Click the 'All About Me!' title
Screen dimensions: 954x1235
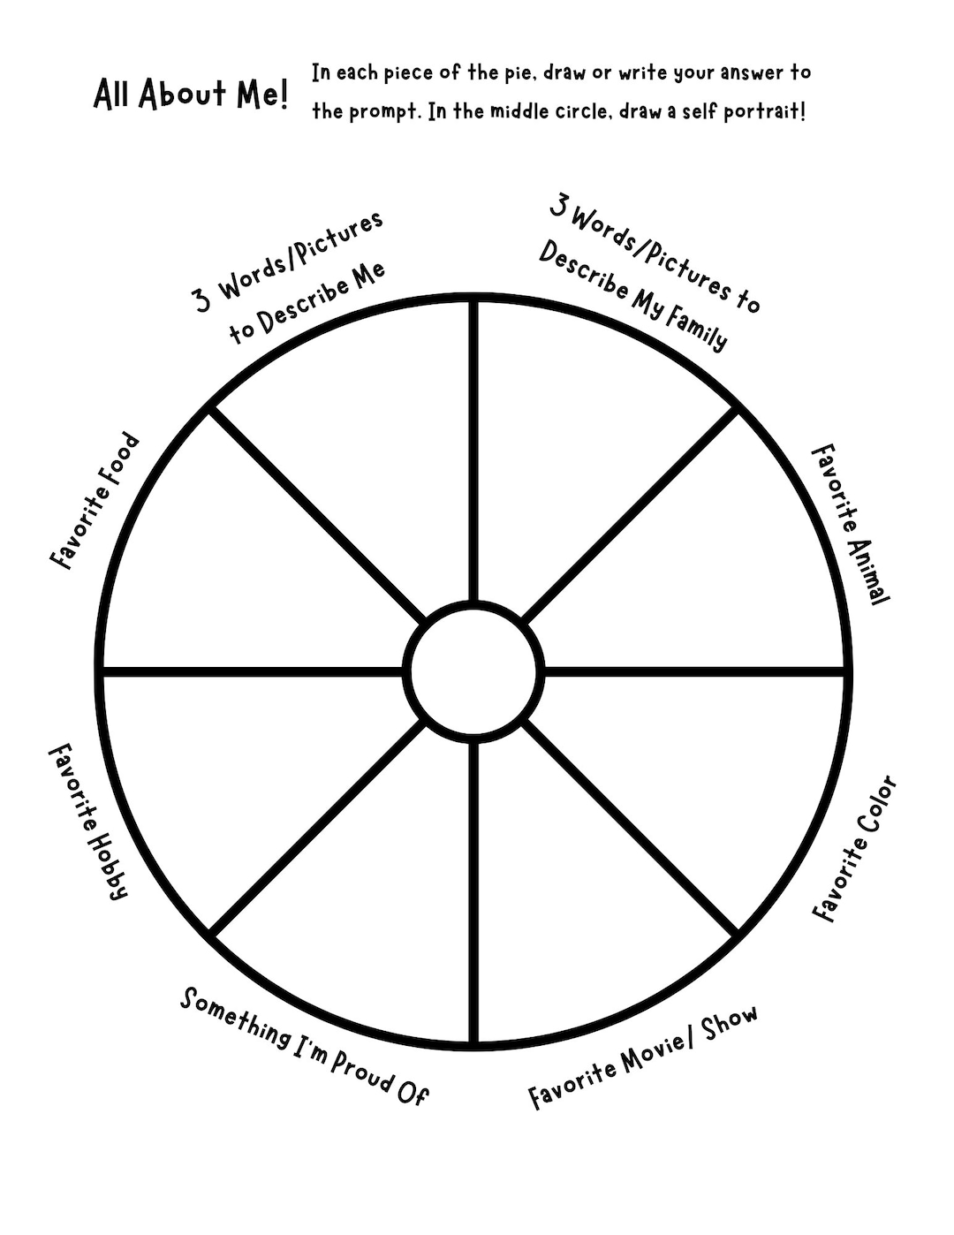(x=191, y=95)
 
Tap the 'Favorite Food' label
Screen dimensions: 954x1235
(x=95, y=501)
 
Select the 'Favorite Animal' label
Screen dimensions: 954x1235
(x=851, y=525)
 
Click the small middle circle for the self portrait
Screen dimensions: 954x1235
(x=473, y=671)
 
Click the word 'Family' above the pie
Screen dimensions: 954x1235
(x=696, y=330)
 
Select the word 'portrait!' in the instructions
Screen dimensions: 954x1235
(x=764, y=112)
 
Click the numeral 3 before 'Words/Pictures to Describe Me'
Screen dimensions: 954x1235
(x=202, y=299)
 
